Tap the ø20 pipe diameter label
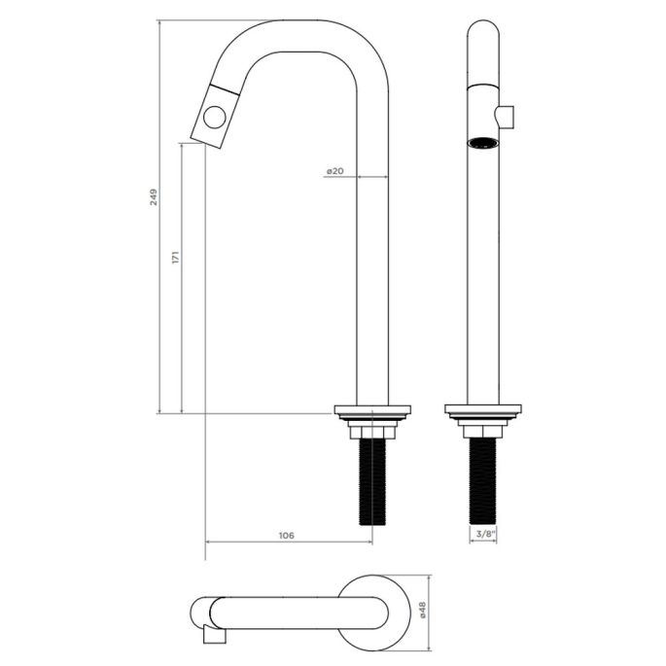pos(334,171)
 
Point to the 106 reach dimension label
pos(286,536)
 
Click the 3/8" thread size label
pos(483,535)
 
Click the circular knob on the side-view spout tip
pos(213,120)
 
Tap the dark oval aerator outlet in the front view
pos(483,144)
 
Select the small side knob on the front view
pos(506,118)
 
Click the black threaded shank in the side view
pos(372,481)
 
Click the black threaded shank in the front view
pos(483,481)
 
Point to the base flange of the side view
pos(372,410)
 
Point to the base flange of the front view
pos(483,410)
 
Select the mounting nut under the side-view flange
pos(372,430)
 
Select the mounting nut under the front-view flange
pos(483,430)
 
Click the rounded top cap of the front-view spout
pos(483,34)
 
